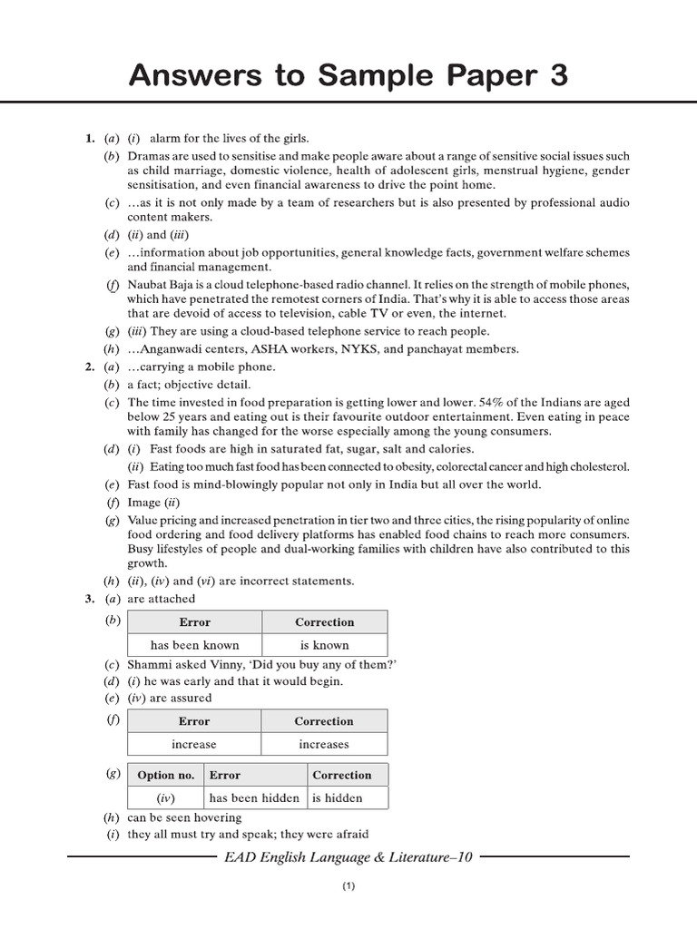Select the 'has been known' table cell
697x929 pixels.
(x=194, y=645)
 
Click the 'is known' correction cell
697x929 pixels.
(x=324, y=645)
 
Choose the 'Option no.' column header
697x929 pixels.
(x=165, y=775)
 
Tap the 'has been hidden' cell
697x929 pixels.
(x=248, y=798)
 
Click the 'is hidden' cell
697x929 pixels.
(x=337, y=798)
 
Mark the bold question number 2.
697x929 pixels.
(x=89, y=367)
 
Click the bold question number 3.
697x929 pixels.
(x=89, y=599)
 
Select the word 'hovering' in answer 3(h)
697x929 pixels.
(x=224, y=817)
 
